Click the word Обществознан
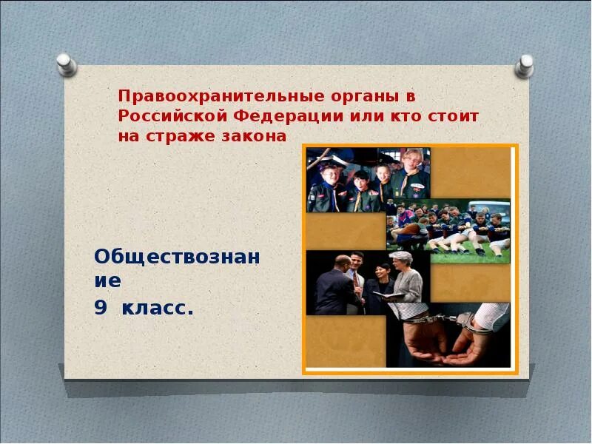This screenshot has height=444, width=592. click(x=177, y=257)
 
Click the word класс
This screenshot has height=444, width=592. click(x=158, y=308)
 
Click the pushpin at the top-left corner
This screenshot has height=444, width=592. click(x=66, y=64)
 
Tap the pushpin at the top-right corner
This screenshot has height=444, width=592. click(x=525, y=65)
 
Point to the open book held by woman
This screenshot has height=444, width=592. click(x=388, y=295)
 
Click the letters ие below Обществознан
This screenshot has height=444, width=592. click(x=107, y=281)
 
